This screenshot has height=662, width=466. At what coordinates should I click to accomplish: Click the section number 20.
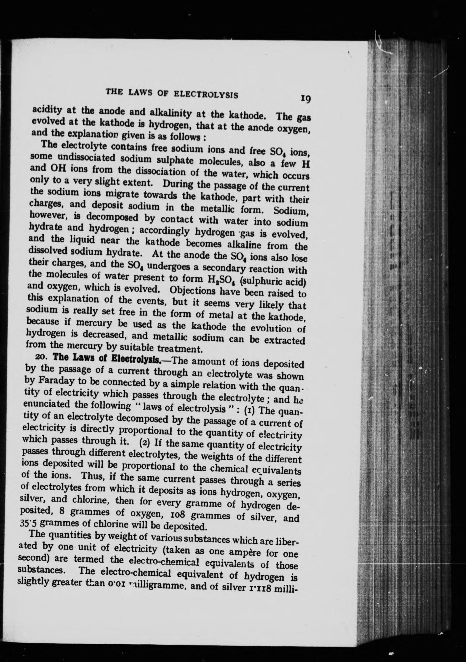click(42, 356)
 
